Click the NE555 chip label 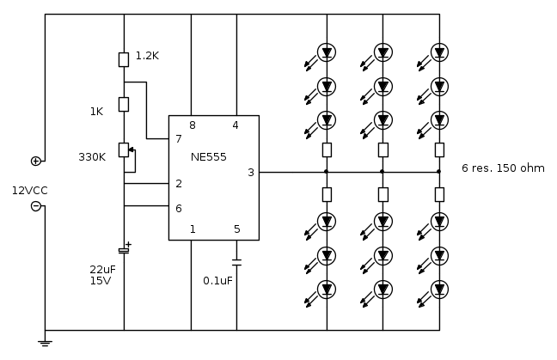pyautogui.click(x=210, y=157)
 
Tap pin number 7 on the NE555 pyautogui.click(x=178, y=138)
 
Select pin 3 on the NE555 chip pyautogui.click(x=250, y=172)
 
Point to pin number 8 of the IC pyautogui.click(x=192, y=125)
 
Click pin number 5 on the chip pyautogui.click(x=236, y=229)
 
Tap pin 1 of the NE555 pyautogui.click(x=192, y=229)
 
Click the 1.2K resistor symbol pyautogui.click(x=124, y=58)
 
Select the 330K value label pyautogui.click(x=92, y=157)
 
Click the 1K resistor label pyautogui.click(x=96, y=111)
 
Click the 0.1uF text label pyautogui.click(x=217, y=280)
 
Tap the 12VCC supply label pyautogui.click(x=28, y=190)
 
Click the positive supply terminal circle pyautogui.click(x=36, y=161)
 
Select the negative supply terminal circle pyautogui.click(x=36, y=205)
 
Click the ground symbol pyautogui.click(x=45, y=343)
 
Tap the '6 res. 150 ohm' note pyautogui.click(x=503, y=168)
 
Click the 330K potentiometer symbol pyautogui.click(x=124, y=150)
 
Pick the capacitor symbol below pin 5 pyautogui.click(x=236, y=261)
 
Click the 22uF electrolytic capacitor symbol pyautogui.click(x=124, y=249)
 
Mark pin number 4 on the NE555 pyautogui.click(x=236, y=125)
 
